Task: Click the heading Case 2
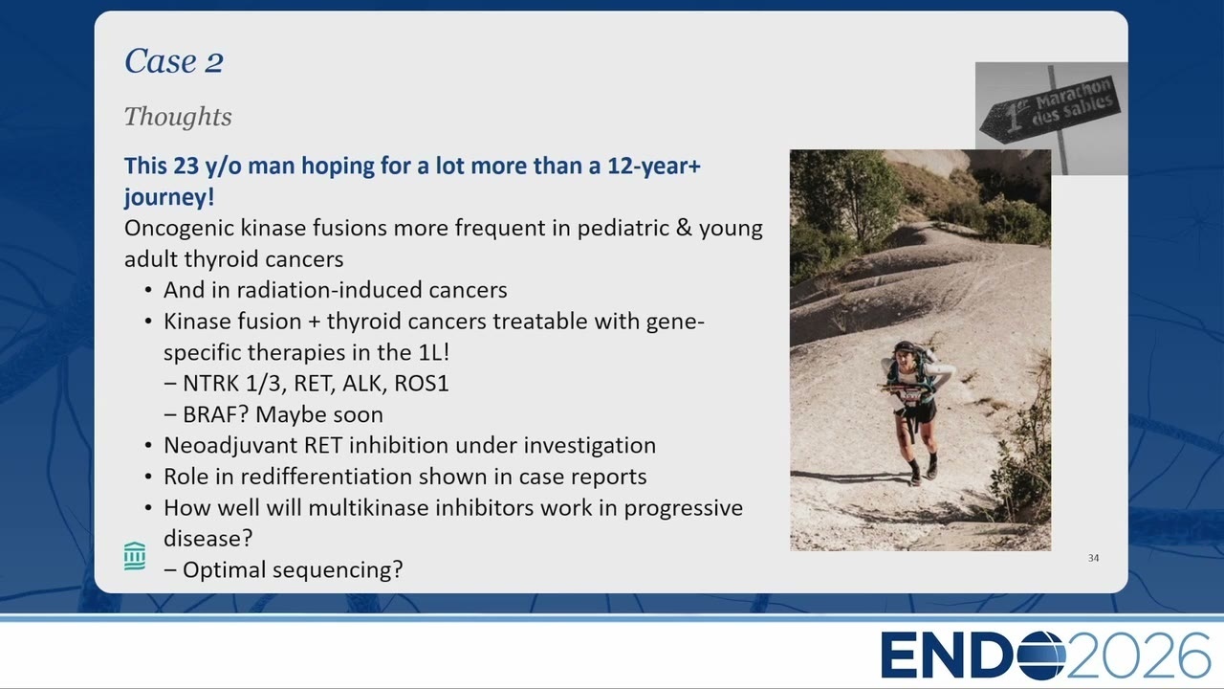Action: [x=174, y=60]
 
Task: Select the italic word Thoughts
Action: [x=178, y=117]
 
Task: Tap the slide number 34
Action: [x=1093, y=558]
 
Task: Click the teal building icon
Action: [x=135, y=556]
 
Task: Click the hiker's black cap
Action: [x=905, y=346]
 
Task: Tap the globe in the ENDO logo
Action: [x=1041, y=656]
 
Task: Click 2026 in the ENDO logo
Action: [x=1138, y=656]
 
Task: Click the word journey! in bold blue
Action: [x=169, y=197]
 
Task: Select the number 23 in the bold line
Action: [x=186, y=166]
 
